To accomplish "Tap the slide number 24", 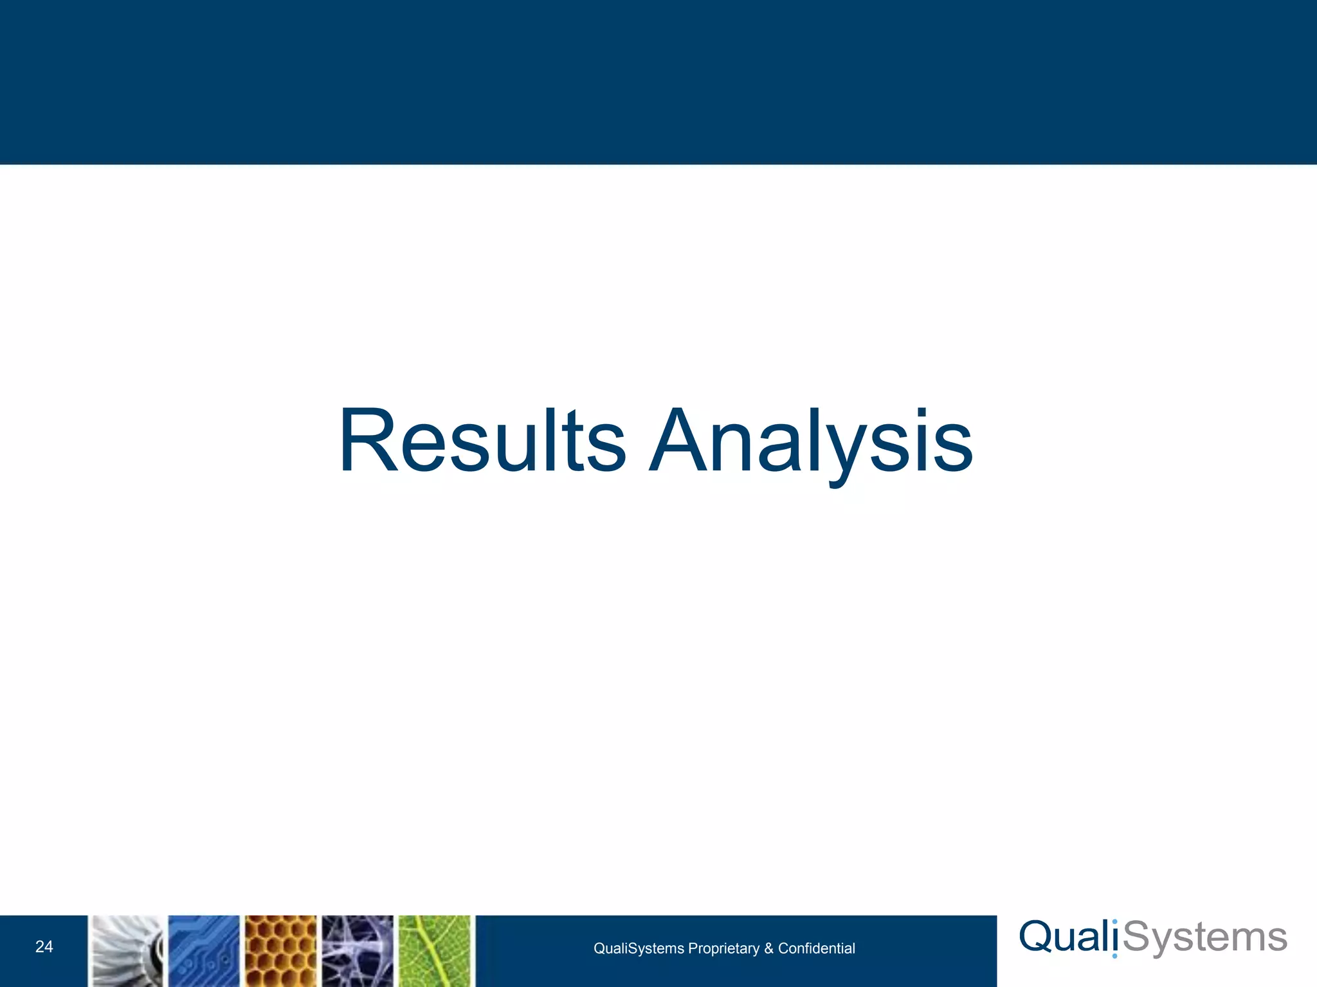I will [44, 947].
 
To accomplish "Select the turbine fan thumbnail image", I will [127, 951].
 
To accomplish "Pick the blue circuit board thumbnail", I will [204, 951].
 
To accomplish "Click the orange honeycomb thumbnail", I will [281, 951].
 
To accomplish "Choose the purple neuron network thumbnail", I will [358, 951].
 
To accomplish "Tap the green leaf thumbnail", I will [435, 951].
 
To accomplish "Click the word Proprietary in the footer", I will [723, 948].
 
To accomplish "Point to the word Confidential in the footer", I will [816, 948].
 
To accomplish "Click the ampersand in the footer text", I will [768, 948].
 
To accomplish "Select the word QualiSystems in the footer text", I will [638, 948].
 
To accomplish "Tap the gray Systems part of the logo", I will [1205, 938].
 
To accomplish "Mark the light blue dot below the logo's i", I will [1114, 956].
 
